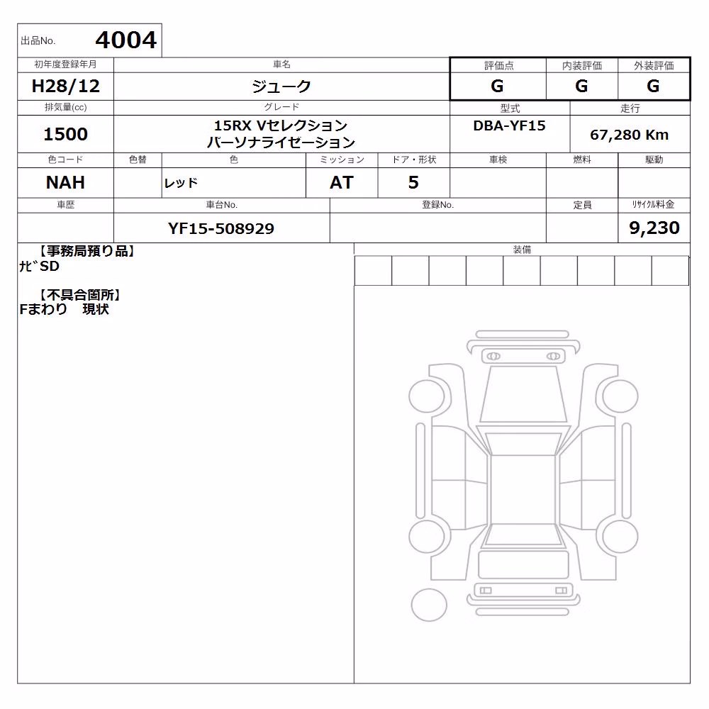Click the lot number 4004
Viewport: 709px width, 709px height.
(x=125, y=40)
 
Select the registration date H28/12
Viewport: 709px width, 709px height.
(x=65, y=86)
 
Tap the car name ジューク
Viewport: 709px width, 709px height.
(x=281, y=86)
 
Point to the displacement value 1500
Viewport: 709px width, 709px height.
(x=65, y=134)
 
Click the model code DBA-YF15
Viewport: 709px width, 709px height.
(x=509, y=125)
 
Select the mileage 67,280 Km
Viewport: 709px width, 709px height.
(x=629, y=135)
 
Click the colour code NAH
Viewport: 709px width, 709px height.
(x=65, y=183)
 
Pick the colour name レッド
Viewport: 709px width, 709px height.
(x=181, y=183)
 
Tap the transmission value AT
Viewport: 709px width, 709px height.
(x=342, y=183)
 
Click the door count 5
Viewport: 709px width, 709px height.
(x=413, y=183)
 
